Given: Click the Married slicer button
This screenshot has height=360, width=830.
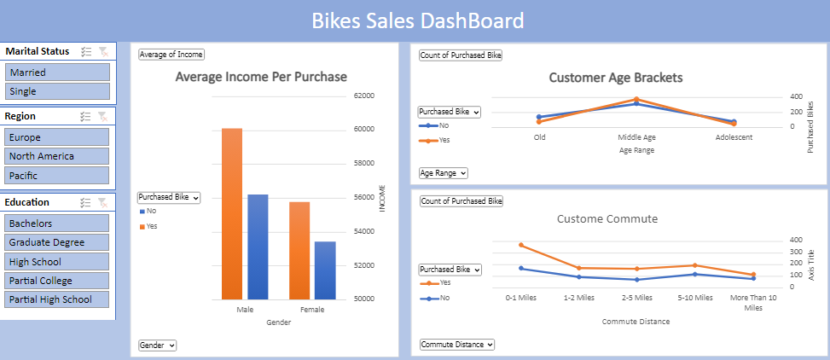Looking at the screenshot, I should [57, 73].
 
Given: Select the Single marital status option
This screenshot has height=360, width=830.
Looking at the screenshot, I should [57, 91].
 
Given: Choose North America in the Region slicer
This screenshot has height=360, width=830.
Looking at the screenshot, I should [57, 156].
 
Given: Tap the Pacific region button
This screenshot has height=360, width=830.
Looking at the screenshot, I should [57, 176].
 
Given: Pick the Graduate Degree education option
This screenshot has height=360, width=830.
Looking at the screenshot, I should [57, 242].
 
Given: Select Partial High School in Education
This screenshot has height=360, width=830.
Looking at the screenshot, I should [57, 299].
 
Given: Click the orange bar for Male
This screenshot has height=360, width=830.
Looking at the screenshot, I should [232, 213].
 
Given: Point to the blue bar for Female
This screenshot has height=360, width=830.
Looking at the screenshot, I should [325, 270].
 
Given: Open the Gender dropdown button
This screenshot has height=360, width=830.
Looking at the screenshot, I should [158, 345].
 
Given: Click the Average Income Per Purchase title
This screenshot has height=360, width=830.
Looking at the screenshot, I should [261, 77].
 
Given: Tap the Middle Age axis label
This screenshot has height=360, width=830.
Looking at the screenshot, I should [636, 137].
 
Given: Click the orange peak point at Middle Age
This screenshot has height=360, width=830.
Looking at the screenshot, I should [636, 100].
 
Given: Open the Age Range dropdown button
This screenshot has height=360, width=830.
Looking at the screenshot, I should [444, 173].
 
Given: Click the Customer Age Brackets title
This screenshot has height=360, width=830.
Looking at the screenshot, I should [615, 78].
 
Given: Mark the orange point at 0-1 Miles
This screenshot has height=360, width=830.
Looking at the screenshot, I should [520, 246].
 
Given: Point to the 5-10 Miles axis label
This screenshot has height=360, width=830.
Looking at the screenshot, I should [694, 298].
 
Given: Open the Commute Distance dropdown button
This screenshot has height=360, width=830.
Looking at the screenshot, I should [456, 345].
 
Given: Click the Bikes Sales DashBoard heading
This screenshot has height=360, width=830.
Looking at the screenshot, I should [417, 20].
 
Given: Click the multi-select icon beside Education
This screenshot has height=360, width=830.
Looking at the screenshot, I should [84, 203].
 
